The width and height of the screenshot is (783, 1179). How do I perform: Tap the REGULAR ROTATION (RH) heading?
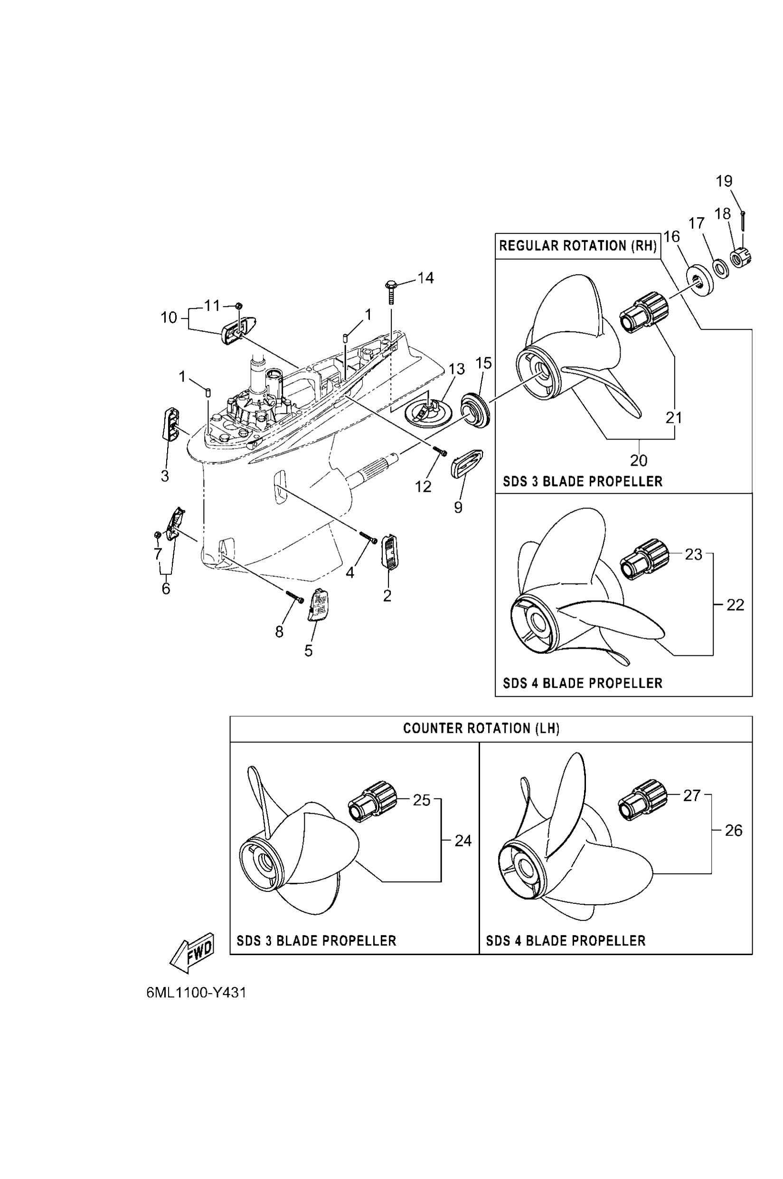tap(577, 245)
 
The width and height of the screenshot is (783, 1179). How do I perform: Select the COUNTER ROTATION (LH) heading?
tap(481, 728)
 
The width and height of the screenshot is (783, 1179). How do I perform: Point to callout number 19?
tap(724, 181)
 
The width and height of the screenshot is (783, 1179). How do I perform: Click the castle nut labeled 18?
tap(741, 258)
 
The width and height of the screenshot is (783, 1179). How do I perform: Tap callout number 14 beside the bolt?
tap(425, 278)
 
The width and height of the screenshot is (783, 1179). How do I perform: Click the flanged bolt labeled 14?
tap(390, 292)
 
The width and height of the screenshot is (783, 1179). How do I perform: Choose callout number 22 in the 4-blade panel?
tap(735, 605)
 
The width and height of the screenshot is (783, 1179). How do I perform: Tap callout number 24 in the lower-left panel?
tap(463, 841)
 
